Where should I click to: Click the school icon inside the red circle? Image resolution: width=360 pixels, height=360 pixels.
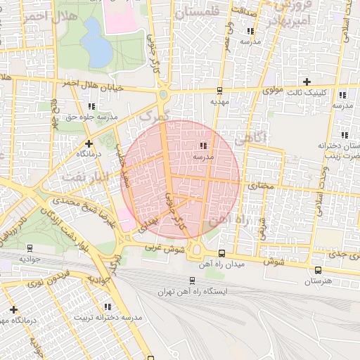[203, 146]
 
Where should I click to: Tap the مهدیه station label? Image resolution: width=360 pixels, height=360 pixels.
[221, 101]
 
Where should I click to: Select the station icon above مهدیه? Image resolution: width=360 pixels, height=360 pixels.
[220, 90]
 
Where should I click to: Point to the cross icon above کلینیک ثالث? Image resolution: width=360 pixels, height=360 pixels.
[307, 82]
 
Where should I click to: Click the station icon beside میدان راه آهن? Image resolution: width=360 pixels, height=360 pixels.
[221, 253]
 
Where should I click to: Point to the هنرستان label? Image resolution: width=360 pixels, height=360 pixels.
[318, 281]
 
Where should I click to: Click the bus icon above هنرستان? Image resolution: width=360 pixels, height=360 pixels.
[318, 270]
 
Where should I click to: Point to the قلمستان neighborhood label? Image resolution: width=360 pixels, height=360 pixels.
[207, 13]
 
